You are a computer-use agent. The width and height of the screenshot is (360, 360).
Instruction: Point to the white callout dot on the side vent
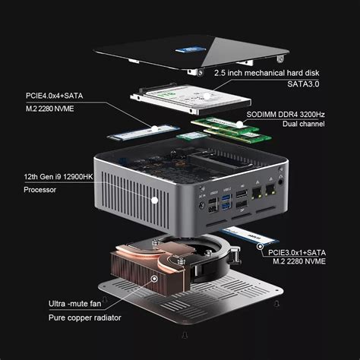coord(154,200)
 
